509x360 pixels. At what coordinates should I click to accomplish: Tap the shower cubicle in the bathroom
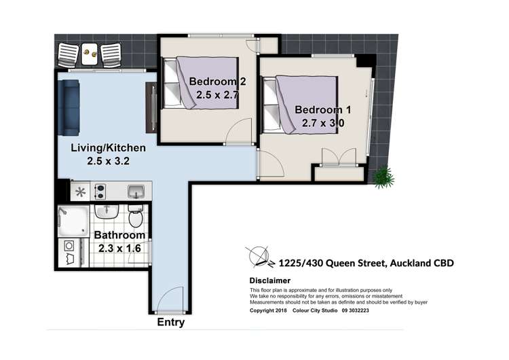tap(71, 218)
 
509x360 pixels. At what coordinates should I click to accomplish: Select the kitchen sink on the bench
tap(136, 191)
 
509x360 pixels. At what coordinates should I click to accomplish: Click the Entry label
tap(170, 323)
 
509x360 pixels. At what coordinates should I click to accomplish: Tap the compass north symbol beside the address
tap(260, 258)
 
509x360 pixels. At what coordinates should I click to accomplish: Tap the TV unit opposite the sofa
tap(151, 107)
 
